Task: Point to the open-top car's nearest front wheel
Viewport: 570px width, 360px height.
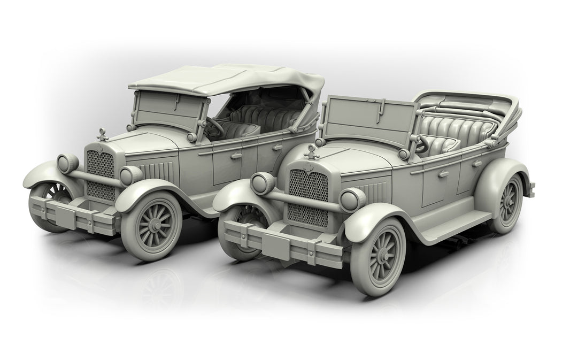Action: pyautogui.click(x=378, y=257)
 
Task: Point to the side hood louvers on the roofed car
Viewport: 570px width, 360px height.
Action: pyautogui.click(x=160, y=171)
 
